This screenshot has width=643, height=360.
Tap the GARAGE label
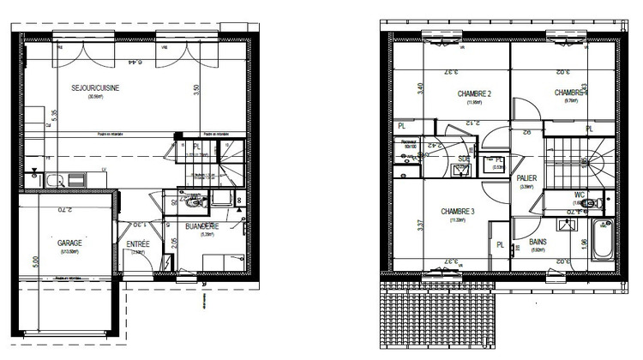point(70,243)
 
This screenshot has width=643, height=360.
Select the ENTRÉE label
point(138,244)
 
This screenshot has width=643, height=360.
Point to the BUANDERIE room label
point(202,226)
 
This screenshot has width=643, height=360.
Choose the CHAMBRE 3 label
point(458,211)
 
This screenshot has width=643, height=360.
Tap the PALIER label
point(527,178)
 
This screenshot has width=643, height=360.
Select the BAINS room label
point(538,243)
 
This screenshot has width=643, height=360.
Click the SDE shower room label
point(464,159)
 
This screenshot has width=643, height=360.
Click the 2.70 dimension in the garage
point(71,209)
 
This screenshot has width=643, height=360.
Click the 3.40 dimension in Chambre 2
point(396,87)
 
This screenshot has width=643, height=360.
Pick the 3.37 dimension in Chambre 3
point(396,225)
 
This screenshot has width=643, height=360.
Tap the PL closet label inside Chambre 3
point(500,245)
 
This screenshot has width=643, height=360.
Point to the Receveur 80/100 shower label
point(409,145)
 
